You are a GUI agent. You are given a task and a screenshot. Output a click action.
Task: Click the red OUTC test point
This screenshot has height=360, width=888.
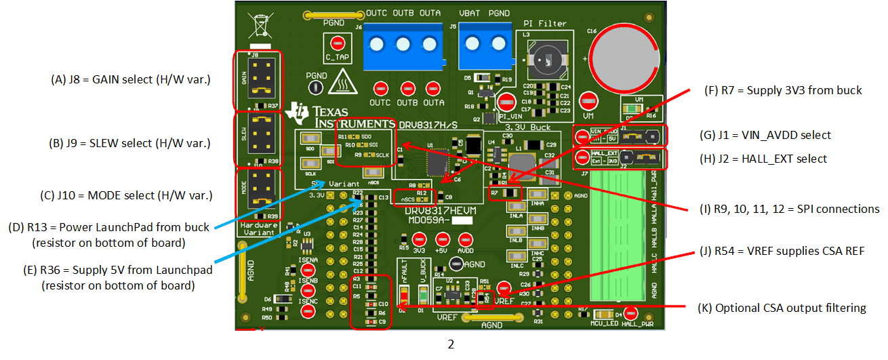pos(381,89)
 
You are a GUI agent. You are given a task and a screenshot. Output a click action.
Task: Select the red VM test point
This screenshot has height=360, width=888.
pos(588,100)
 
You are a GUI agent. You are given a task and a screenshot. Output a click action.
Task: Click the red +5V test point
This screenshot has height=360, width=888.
pos(442,239)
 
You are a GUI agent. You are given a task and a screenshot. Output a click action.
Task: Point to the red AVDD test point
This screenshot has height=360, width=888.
pos(466,239)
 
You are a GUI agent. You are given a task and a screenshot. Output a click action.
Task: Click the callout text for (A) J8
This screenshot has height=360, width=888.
pos(131,79)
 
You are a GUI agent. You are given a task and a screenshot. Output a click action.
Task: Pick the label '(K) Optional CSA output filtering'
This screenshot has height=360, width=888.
pos(782,308)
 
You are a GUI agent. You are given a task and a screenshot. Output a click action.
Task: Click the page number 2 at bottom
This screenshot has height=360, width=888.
pos(451,344)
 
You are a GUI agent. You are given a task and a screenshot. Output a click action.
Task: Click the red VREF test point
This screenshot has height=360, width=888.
pos(503,287)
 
